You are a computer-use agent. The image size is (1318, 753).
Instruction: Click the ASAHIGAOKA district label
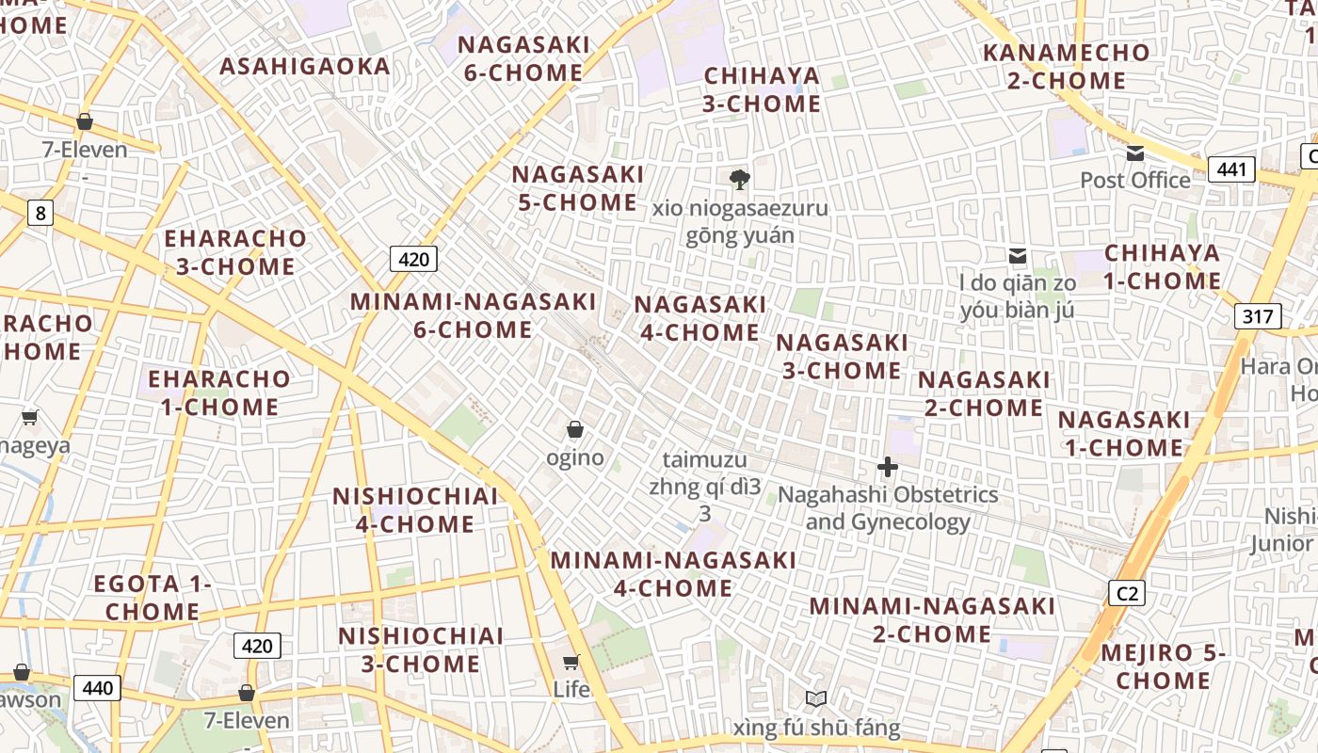click(304, 66)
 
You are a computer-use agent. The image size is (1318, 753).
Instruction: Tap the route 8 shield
click(39, 214)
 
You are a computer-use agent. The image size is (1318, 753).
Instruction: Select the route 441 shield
click(1230, 169)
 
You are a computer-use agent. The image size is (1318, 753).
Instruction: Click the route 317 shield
click(1257, 316)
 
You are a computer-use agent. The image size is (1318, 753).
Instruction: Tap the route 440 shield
click(97, 688)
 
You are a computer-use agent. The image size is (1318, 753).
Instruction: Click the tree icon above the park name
click(740, 179)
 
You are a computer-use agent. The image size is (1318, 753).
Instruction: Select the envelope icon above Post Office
click(1135, 152)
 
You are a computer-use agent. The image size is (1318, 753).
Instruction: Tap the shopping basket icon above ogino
click(575, 430)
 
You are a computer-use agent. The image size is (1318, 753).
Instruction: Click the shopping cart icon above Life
click(571, 662)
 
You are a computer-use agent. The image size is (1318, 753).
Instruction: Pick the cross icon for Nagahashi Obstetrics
click(887, 466)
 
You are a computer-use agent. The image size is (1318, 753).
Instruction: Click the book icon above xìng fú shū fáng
click(816, 699)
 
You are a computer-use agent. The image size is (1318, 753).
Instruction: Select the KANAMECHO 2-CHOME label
click(1066, 66)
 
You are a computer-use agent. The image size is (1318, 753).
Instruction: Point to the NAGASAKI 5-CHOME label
click(577, 188)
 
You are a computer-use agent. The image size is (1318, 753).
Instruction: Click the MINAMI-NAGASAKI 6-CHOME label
click(473, 315)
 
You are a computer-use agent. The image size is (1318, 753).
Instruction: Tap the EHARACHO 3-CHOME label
click(235, 252)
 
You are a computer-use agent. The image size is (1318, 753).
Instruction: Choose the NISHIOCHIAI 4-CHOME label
click(415, 509)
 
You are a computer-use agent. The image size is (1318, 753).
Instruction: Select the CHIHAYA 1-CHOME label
click(1162, 266)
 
